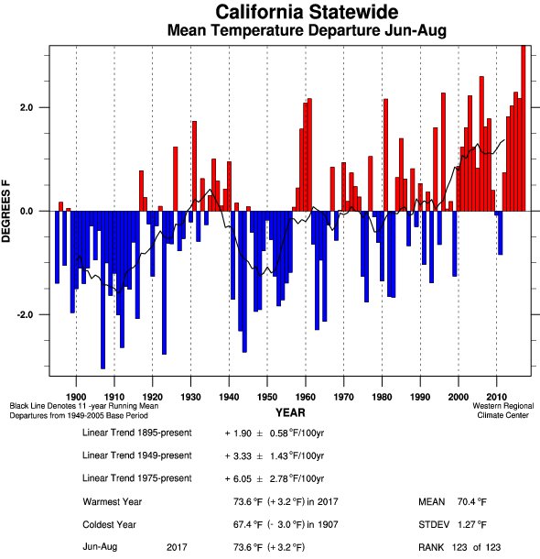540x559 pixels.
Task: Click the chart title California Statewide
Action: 307,12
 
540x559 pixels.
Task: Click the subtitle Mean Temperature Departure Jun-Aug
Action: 307,30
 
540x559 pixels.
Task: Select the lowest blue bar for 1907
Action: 103,290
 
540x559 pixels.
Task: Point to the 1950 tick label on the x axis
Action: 267,397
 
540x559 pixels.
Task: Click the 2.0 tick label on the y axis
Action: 27,107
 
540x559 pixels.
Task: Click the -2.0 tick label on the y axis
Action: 24,315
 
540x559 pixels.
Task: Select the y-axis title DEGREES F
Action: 6,212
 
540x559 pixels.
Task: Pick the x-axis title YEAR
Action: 290,412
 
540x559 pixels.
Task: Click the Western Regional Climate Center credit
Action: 503,411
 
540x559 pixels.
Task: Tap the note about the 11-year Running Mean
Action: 84,406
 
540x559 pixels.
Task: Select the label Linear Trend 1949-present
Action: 137,455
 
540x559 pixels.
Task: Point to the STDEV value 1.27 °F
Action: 472,525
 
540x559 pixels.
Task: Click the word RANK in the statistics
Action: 431,547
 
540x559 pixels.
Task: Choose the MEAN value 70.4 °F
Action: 472,502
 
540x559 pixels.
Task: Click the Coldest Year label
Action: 109,525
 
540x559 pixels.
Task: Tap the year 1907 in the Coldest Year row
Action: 328,525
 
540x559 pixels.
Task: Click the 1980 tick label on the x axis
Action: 382,397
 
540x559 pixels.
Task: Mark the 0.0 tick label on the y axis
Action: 27,211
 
